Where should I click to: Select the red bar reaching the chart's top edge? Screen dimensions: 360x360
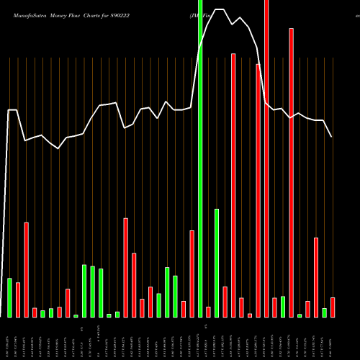266,158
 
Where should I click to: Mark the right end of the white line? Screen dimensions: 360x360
332,137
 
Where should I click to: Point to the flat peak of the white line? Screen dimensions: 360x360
219,10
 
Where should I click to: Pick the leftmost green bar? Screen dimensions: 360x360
9,297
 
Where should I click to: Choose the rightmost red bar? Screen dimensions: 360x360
333,307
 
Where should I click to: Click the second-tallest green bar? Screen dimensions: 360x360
217,263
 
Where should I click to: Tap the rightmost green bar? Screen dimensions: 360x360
324,312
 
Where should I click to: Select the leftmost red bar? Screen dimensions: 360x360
18,300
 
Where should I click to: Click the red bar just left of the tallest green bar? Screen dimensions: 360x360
192,274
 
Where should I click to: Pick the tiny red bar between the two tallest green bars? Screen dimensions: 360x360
208,312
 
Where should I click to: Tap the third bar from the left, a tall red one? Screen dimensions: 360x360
26,270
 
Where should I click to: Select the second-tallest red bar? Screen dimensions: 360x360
292,173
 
